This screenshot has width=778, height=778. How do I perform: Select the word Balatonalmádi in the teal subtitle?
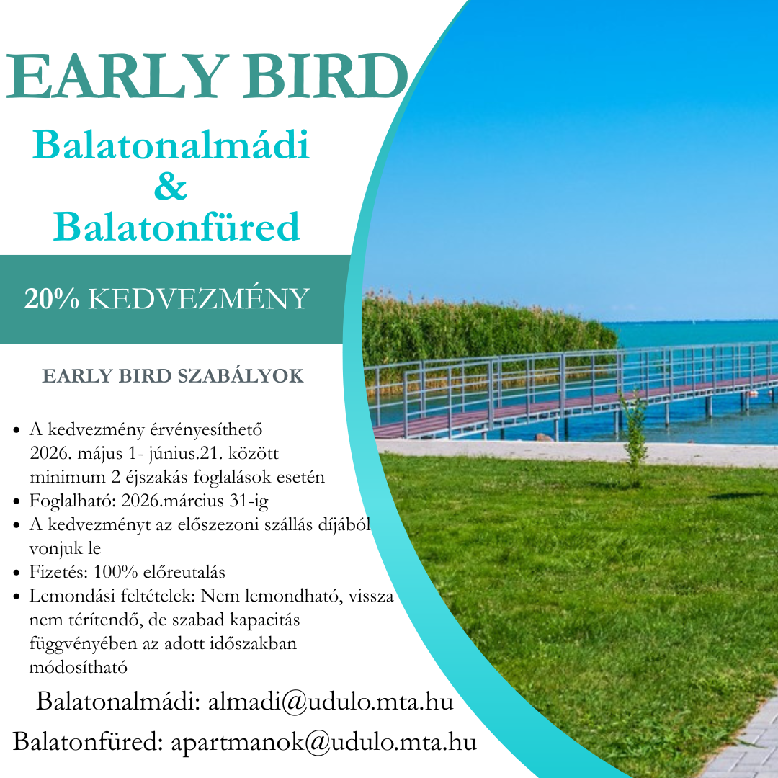pos(171,145)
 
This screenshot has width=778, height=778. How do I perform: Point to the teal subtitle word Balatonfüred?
pos(176,227)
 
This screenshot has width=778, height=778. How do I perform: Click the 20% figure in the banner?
pos(51,299)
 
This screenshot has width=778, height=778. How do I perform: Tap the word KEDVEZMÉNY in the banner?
pos(199,299)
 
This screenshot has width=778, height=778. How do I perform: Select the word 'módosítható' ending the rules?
pos(78,667)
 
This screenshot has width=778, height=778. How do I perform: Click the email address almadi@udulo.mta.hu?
pos(331,701)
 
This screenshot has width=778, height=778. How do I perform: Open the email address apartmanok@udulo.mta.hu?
pos(323,741)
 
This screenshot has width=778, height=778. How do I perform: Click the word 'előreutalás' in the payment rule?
pos(183,572)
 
